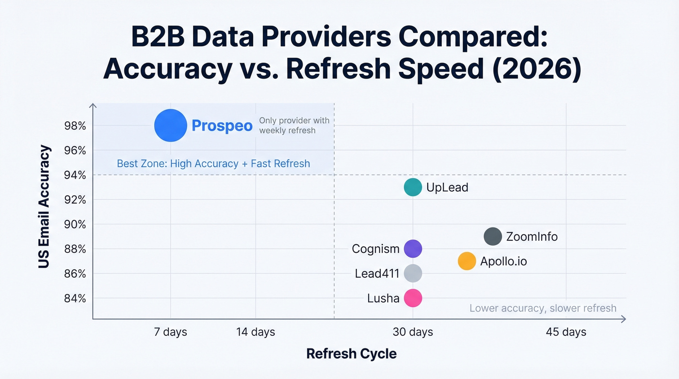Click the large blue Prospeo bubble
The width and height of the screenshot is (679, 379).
[x=170, y=126]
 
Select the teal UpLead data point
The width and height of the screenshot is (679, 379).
[x=413, y=187]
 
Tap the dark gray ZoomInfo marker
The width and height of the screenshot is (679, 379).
[x=493, y=237]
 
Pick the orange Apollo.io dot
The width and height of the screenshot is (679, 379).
[x=467, y=261]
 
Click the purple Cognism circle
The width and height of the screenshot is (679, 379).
[x=413, y=249]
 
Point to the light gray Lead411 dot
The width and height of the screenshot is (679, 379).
[x=413, y=274]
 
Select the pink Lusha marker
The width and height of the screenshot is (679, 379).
[x=413, y=298]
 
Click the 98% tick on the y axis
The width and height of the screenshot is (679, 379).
[x=75, y=126]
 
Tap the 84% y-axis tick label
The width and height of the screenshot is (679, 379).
[x=75, y=298]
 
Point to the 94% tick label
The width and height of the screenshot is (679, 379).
[x=75, y=175]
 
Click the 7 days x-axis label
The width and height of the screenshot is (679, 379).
[x=170, y=332]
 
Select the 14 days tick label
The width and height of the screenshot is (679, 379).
[x=256, y=332]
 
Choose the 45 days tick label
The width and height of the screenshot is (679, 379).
[x=566, y=332]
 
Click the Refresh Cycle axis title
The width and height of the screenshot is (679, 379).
[x=352, y=354]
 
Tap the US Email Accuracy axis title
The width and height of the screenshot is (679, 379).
[x=45, y=207]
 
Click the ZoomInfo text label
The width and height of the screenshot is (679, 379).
[x=532, y=237]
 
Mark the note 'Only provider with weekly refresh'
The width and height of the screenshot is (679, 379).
[x=294, y=126]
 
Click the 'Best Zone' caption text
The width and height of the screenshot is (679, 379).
[x=213, y=164]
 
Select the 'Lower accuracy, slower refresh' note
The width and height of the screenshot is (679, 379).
[x=543, y=308]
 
